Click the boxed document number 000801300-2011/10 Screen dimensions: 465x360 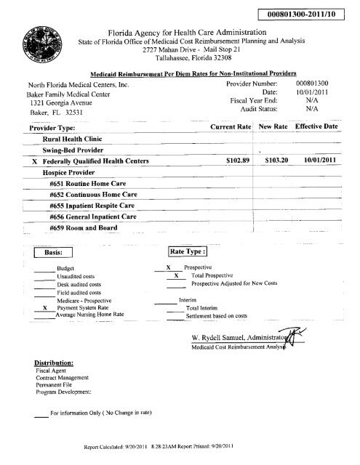306,16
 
